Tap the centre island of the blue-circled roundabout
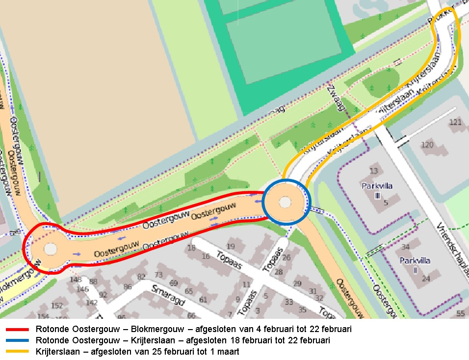pyautogui.click(x=286, y=202)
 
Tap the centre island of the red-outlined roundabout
pyautogui.click(x=50, y=249)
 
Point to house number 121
pyautogui.click(x=456, y=123)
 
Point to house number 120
pyautogui.click(x=427, y=145)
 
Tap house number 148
pyautogui.click(x=76, y=280)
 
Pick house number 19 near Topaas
pyautogui.click(x=231, y=247)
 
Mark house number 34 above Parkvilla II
pyautogui.click(x=406, y=247)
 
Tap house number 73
pyautogui.click(x=158, y=275)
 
